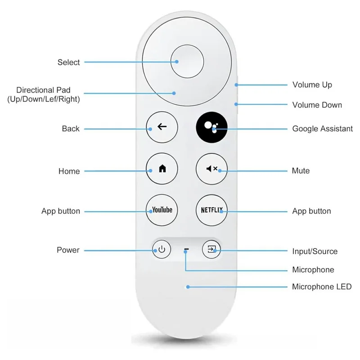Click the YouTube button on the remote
click(162, 210)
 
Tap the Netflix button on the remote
click(211, 210)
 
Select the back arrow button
click(162, 127)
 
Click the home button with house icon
click(162, 169)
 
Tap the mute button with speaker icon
click(211, 169)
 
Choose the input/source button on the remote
click(211, 249)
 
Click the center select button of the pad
click(187, 60)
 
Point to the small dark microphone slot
click(186, 249)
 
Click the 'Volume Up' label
click(312, 85)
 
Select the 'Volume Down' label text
click(317, 105)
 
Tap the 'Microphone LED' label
click(321, 287)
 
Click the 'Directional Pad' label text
click(43, 90)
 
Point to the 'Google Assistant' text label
click(322, 129)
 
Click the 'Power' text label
click(68, 250)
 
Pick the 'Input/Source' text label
click(315, 251)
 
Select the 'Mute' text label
click(301, 171)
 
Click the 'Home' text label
click(69, 171)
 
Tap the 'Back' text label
click(71, 129)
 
